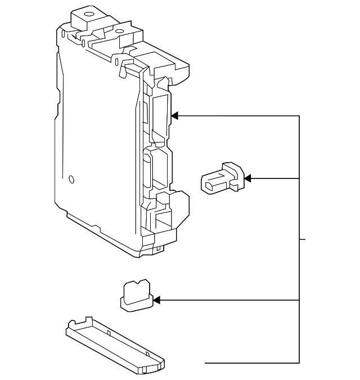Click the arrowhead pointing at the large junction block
coord(174,116)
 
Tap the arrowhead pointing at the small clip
coord(247,178)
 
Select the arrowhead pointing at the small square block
coord(157,301)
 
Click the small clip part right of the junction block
coord(223,178)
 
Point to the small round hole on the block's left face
coord(71,180)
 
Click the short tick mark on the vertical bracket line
coord(303,239)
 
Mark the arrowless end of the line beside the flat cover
coord(206,363)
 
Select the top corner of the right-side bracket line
coord(299,116)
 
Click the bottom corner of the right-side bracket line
coord(299,363)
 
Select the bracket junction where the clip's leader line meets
coord(299,178)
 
